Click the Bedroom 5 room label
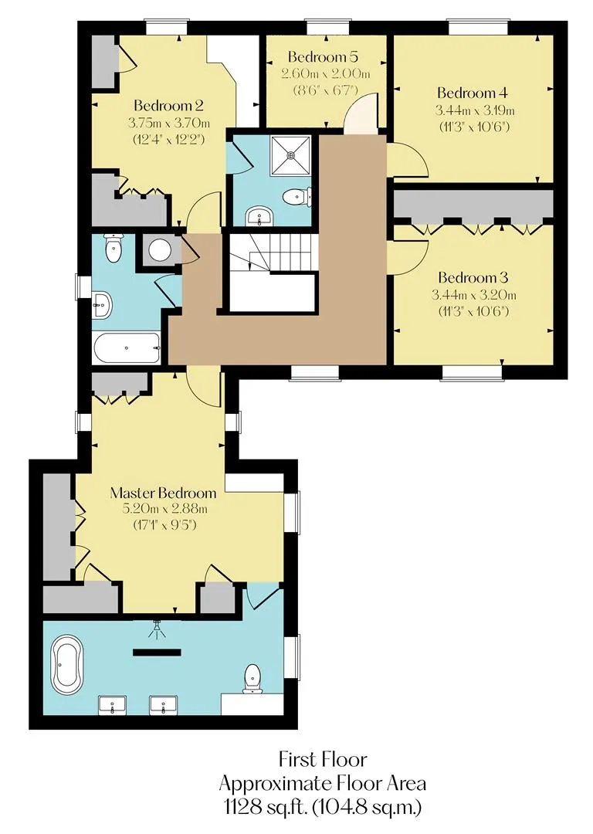[323, 56]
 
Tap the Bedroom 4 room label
[473, 93]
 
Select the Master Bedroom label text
[163, 493]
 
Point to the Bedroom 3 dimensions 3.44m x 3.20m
[474, 295]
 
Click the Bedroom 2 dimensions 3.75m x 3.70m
[169, 123]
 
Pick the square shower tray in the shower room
[291, 154]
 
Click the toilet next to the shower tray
[296, 198]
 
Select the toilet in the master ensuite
[252, 680]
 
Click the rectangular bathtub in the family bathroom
[127, 348]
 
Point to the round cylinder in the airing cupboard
[159, 250]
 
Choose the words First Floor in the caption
[323, 759]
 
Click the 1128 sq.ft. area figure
[263, 808]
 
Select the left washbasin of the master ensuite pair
[112, 705]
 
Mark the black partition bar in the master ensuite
[157, 652]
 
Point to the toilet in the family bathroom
[114, 249]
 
